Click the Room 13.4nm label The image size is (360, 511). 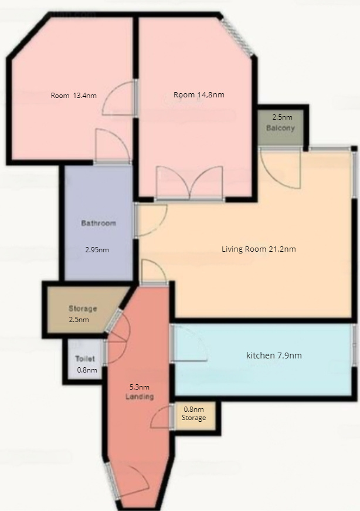(74, 96)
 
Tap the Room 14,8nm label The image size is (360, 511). (199, 95)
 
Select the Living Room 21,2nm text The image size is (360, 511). (259, 249)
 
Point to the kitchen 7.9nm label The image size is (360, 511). (274, 355)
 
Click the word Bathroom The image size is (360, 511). (99, 224)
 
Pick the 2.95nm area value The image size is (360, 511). (97, 250)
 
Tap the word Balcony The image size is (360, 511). (280, 128)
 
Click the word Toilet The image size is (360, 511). (85, 359)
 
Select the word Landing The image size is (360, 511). (140, 397)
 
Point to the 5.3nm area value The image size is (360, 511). (140, 387)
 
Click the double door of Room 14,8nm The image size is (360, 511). (189, 182)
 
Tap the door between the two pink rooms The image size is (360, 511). (119, 98)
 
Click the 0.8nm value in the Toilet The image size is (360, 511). (87, 370)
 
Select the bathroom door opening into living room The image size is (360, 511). (151, 219)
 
